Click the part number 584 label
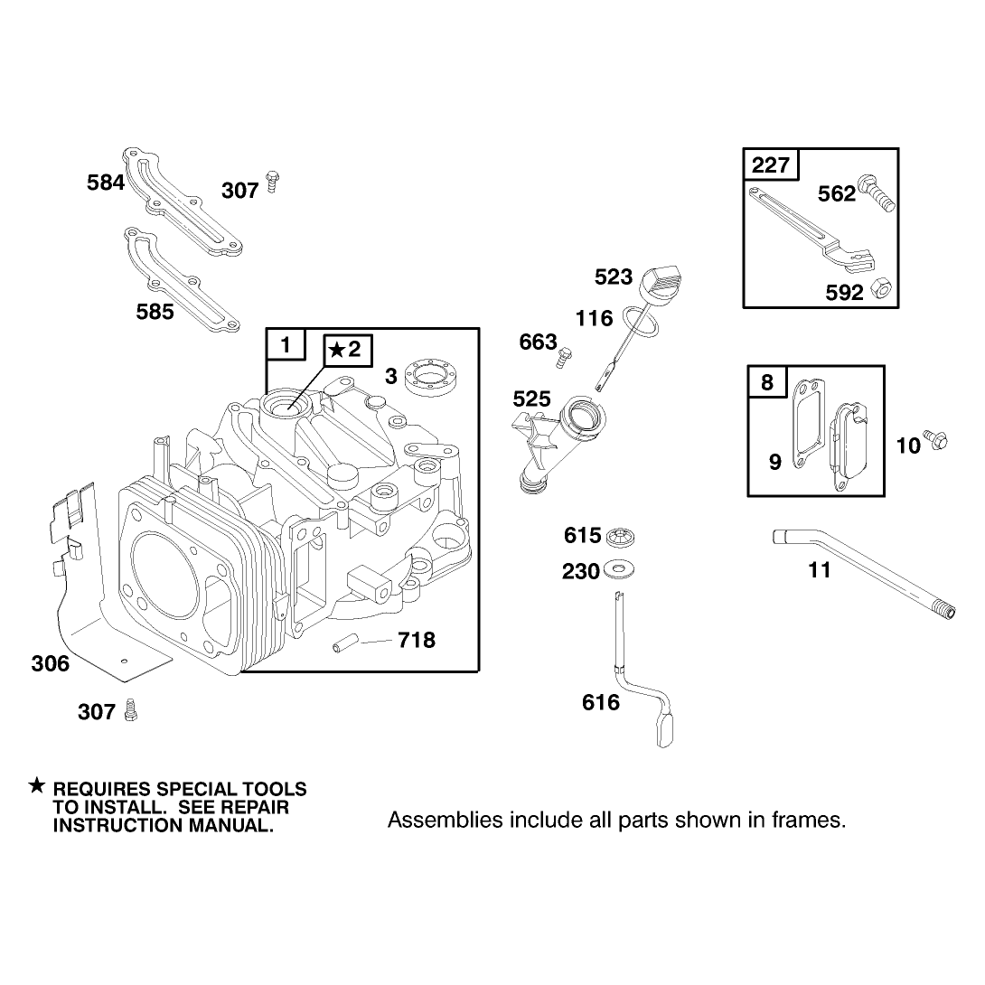click(106, 183)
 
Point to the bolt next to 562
click(877, 192)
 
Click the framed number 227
click(771, 165)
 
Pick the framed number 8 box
click(767, 382)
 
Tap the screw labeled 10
click(935, 440)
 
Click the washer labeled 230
click(619, 570)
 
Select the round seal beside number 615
click(619, 537)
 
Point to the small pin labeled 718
click(345, 645)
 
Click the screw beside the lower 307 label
click(131, 709)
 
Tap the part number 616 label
click(601, 702)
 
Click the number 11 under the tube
click(820, 570)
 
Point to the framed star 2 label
click(348, 350)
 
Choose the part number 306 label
click(51, 663)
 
